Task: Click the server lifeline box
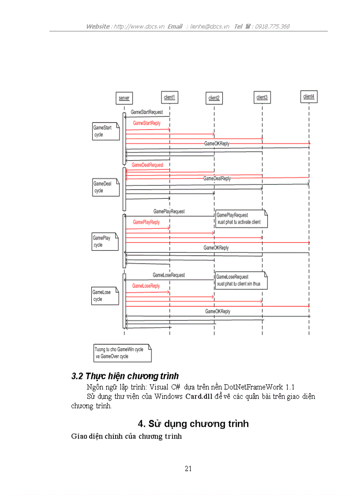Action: click(x=124, y=98)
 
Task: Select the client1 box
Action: click(x=169, y=97)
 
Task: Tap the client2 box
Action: click(x=214, y=98)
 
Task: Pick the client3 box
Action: click(x=262, y=97)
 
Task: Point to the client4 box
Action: click(x=309, y=97)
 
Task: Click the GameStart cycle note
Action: click(x=105, y=131)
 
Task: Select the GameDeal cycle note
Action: click(x=105, y=187)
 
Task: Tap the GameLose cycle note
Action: click(x=105, y=295)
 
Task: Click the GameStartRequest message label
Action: click(x=146, y=112)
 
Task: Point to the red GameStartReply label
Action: click(x=146, y=123)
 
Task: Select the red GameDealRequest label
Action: click(x=147, y=165)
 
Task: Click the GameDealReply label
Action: click(x=217, y=179)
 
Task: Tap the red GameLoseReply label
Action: click(x=146, y=286)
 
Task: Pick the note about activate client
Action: click(x=241, y=219)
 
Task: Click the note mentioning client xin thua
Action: click(x=241, y=280)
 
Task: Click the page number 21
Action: click(x=188, y=469)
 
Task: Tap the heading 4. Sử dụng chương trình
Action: click(x=193, y=424)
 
